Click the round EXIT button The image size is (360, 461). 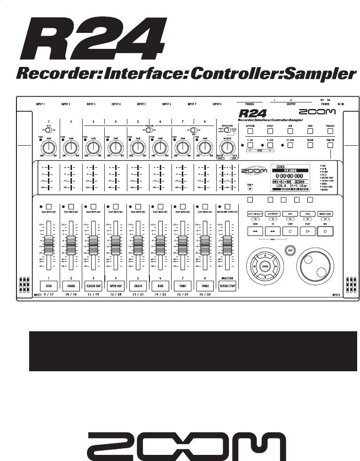[289, 250]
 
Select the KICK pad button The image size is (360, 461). [48, 285]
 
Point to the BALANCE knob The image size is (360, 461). [227, 148]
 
